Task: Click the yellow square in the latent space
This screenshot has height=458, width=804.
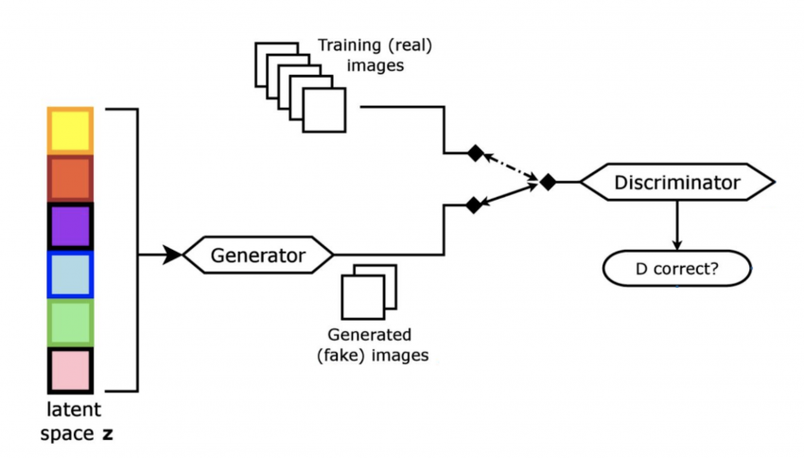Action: coord(70,131)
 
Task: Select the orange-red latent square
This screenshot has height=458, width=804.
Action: coord(70,179)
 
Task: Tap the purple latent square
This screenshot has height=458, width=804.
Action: coord(70,227)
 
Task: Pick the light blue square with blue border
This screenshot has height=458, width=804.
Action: coord(70,275)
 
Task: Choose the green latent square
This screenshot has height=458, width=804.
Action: coord(70,323)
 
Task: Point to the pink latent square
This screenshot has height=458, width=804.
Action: coord(70,371)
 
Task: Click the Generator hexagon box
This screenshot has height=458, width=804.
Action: coord(258,255)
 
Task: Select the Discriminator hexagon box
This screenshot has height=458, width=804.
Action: coord(676,181)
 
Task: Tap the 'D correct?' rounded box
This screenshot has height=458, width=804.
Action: coord(676,268)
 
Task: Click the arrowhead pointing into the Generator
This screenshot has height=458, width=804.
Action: coord(172,255)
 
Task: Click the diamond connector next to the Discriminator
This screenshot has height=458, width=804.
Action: coord(547,181)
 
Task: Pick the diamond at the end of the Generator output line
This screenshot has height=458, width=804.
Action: coord(472,203)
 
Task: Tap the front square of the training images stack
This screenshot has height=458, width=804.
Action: coord(324,110)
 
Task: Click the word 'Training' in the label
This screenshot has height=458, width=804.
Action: coord(349,44)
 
